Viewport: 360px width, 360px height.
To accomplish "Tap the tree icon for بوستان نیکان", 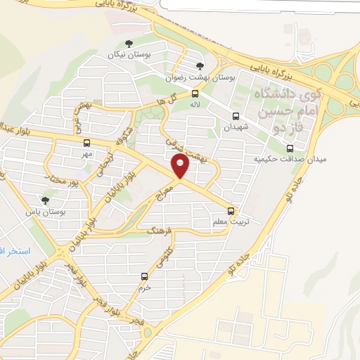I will pos(148,41).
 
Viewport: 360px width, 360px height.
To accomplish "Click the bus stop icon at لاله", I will pos(195,94).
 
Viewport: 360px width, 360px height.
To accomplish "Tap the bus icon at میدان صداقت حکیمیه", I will pos(290,148).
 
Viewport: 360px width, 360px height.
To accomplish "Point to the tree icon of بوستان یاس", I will pos(46,200).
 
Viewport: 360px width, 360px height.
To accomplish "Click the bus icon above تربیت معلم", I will pos(230,211).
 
